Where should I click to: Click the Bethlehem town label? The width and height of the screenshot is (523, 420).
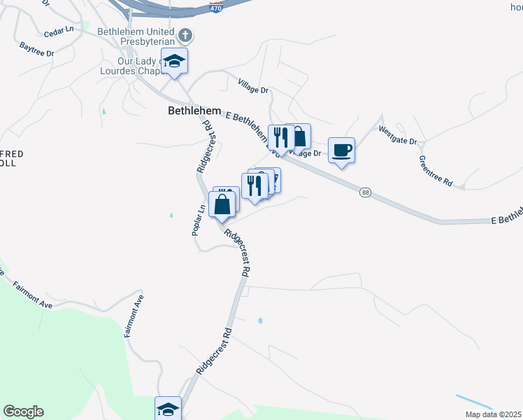pos(194,111)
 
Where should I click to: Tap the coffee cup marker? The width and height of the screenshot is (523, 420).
pos(341,150)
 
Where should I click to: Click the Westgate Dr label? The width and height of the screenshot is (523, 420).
pos(398,136)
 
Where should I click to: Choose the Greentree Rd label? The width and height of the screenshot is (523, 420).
pos(436,170)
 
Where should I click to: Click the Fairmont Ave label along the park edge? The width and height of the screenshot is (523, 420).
pos(42,296)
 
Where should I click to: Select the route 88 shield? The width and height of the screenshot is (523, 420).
pos(365,192)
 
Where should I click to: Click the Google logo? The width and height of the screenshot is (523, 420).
pos(23,412)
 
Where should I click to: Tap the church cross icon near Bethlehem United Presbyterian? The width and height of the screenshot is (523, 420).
pos(185,35)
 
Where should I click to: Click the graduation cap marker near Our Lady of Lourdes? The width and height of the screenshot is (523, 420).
pos(175,61)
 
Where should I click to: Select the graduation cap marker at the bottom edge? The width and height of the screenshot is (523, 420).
pos(168,409)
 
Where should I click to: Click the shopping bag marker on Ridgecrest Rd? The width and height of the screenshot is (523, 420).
pos(222,205)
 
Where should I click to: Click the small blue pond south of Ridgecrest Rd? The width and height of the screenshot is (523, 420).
pos(260,321)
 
